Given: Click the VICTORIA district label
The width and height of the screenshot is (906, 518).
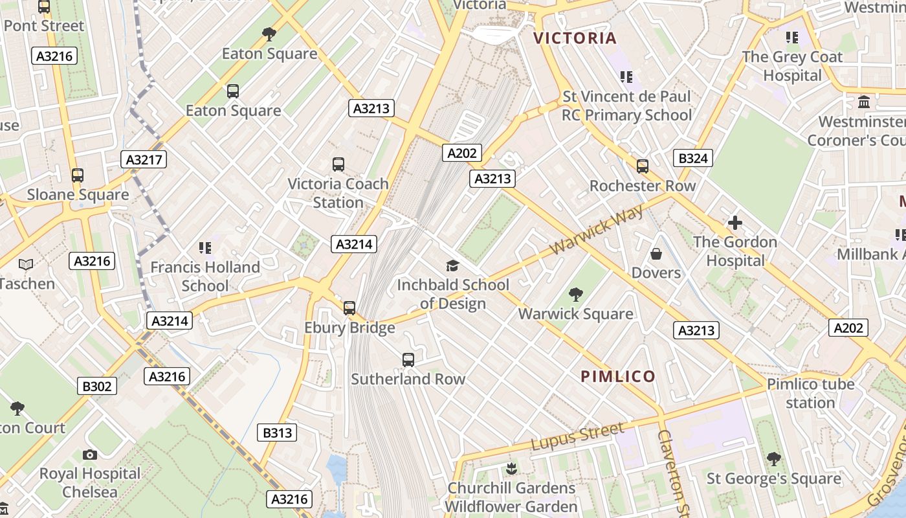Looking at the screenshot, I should click(575, 38).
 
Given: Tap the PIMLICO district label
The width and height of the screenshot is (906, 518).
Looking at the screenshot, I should click(618, 376).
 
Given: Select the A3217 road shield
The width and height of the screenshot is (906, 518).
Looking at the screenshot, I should click(144, 159).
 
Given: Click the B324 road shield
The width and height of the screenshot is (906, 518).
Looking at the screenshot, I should click(692, 158).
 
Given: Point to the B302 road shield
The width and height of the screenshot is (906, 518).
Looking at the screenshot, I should click(97, 387).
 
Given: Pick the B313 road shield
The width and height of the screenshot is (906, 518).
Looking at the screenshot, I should click(278, 433).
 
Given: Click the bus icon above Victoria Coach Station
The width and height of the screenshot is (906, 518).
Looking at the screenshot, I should click(338, 164).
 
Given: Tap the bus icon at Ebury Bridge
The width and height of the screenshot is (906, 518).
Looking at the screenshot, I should click(349, 308).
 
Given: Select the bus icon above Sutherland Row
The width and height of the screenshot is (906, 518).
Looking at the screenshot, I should click(408, 360).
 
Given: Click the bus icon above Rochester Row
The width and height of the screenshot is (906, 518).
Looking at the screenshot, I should click(642, 166).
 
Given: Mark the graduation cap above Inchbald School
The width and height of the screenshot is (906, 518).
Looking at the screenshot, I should click(452, 265).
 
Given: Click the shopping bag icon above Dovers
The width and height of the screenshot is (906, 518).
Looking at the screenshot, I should click(656, 254).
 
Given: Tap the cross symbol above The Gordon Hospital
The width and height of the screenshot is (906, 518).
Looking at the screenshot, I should click(735, 223).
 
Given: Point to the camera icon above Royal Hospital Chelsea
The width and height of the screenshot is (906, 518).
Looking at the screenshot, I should click(90, 455).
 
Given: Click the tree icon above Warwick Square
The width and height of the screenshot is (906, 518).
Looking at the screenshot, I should click(575, 295).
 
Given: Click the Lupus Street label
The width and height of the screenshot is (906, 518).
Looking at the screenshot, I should click(577, 436).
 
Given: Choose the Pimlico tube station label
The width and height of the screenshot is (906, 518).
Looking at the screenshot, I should click(810, 393).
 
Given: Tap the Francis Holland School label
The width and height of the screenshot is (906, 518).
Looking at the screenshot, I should click(205, 276).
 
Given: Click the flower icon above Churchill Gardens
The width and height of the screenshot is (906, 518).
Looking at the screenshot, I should click(511, 468).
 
